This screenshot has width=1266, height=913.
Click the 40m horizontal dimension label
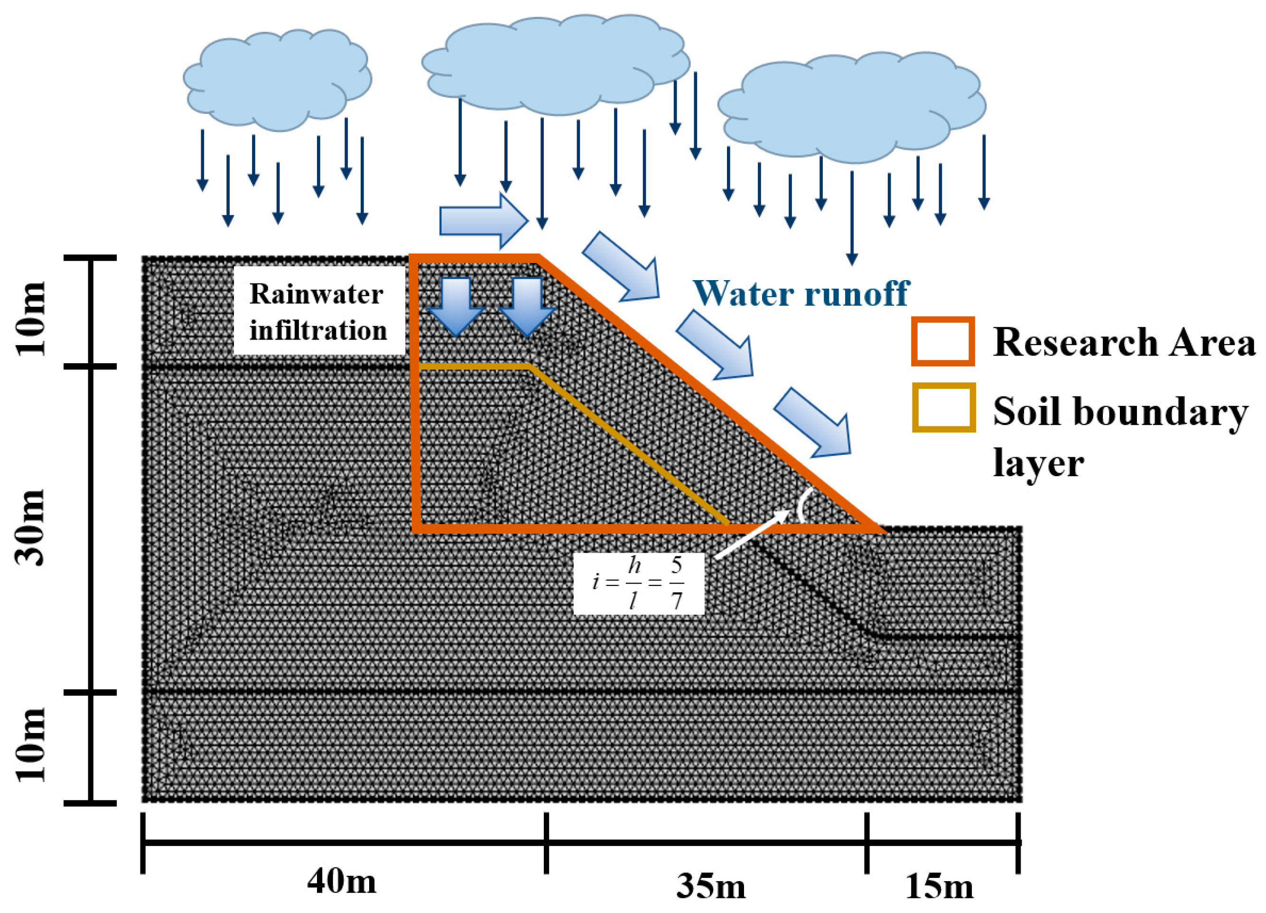[341, 882]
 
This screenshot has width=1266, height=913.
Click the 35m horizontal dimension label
[711, 886]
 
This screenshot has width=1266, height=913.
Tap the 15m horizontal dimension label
[939, 886]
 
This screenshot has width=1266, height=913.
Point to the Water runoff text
[801, 293]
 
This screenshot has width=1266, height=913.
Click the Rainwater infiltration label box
[318, 311]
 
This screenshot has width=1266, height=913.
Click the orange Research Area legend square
[943, 342]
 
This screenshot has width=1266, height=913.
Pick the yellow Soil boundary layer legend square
[943, 407]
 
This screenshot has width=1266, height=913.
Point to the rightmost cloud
[851, 106]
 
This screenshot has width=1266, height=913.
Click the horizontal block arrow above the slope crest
[484, 221]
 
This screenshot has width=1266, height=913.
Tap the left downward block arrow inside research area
[456, 307]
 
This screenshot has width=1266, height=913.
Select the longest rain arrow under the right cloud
[851, 218]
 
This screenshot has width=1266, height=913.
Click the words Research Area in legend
[1123, 342]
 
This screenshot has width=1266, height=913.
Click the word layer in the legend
[1038, 463]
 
